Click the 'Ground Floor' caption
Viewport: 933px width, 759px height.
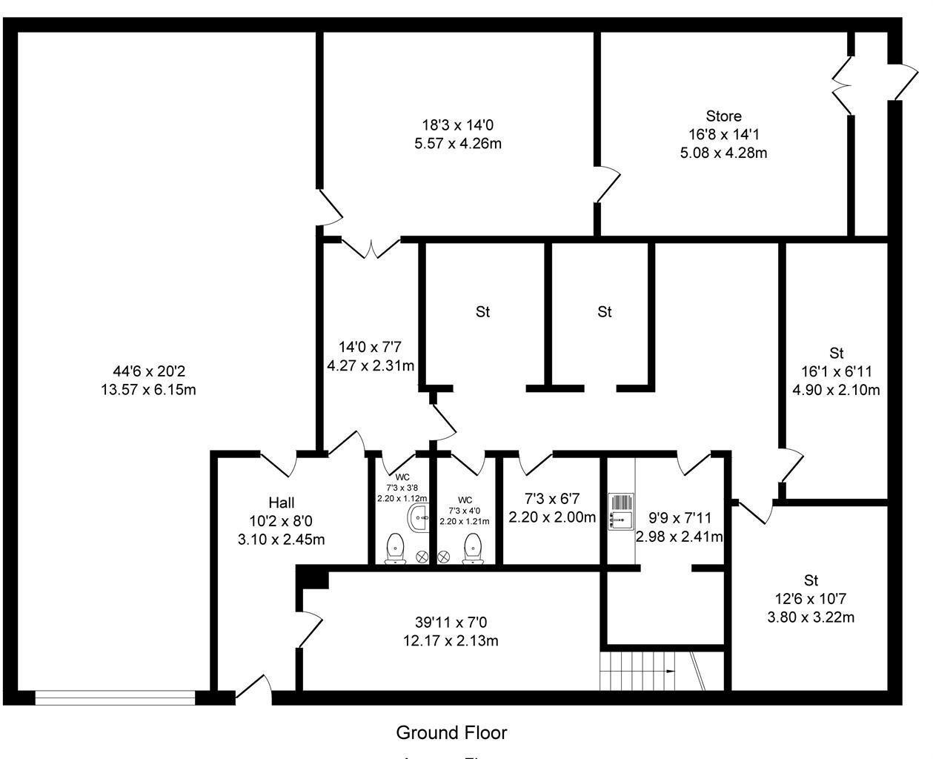pos(451,733)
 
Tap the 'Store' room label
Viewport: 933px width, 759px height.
pos(723,116)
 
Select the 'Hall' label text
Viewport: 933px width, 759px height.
pos(282,503)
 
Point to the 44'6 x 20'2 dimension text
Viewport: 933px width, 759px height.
pos(148,371)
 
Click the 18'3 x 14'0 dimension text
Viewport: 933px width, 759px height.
pos(457,125)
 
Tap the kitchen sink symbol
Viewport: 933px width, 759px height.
pos(620,512)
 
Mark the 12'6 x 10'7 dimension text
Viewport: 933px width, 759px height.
pos(811,599)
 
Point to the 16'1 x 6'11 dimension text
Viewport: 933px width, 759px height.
pos(837,371)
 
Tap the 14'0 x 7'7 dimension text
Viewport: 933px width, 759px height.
pos(370,347)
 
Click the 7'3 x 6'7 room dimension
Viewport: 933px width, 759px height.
pos(551,499)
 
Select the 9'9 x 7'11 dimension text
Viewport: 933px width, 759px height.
pos(679,518)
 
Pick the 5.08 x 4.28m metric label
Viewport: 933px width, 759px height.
pos(723,153)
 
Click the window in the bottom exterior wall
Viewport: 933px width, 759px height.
pos(115,697)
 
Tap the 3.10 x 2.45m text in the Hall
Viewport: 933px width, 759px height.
pos(281,540)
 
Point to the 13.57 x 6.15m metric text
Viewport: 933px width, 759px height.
pos(148,390)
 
